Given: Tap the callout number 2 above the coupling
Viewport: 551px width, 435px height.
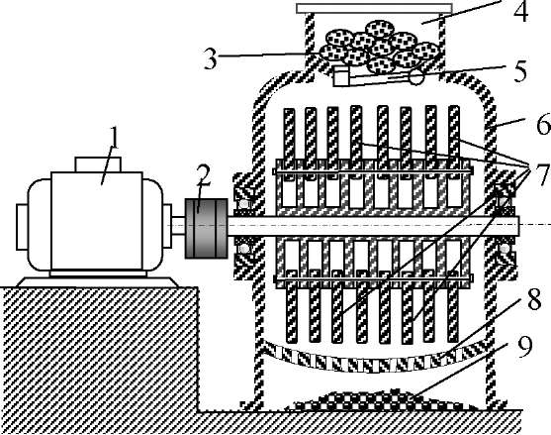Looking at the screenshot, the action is click(x=203, y=175).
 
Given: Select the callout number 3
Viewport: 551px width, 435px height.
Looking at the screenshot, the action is click(x=211, y=58).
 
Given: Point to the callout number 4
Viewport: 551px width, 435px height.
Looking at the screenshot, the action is click(x=520, y=11).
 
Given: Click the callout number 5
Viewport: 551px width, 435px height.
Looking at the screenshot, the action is click(x=520, y=70).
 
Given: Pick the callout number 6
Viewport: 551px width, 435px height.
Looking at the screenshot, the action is click(x=543, y=124).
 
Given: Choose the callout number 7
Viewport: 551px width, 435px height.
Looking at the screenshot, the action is click(x=541, y=173).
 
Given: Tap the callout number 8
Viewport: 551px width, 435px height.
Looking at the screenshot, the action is click(x=534, y=300).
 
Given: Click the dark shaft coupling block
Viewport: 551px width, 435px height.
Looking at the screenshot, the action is click(x=207, y=229).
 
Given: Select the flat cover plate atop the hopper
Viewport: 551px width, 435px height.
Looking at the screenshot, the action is click(x=374, y=8).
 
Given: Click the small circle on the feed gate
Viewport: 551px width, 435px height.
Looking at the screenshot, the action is click(x=416, y=76).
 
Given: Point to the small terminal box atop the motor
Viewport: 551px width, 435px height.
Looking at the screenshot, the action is click(x=98, y=164).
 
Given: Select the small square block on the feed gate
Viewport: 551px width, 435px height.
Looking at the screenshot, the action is click(x=340, y=77).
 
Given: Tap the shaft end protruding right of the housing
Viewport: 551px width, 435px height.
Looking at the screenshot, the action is click(x=515, y=226).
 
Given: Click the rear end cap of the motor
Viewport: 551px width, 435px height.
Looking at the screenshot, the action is click(x=22, y=227).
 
